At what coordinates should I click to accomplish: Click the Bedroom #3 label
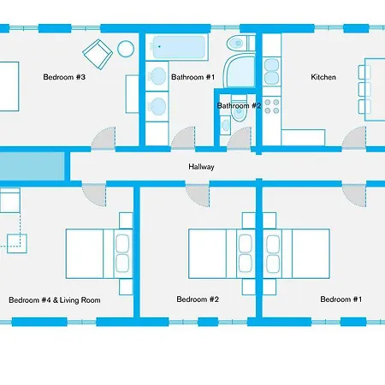click(x=64, y=77)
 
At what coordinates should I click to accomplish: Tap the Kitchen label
click(x=323, y=77)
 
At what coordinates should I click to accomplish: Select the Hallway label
click(x=202, y=167)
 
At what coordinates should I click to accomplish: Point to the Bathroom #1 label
click(x=192, y=77)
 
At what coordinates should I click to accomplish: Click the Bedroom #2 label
click(x=198, y=299)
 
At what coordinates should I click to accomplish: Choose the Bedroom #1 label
click(x=341, y=299)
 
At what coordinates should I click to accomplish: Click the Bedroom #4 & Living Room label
click(x=55, y=300)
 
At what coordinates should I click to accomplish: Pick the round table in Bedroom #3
click(x=126, y=48)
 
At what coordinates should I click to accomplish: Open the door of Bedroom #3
click(x=103, y=137)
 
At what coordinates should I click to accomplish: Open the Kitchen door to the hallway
click(x=353, y=139)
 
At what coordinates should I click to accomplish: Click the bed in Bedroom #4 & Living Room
click(x=86, y=252)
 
